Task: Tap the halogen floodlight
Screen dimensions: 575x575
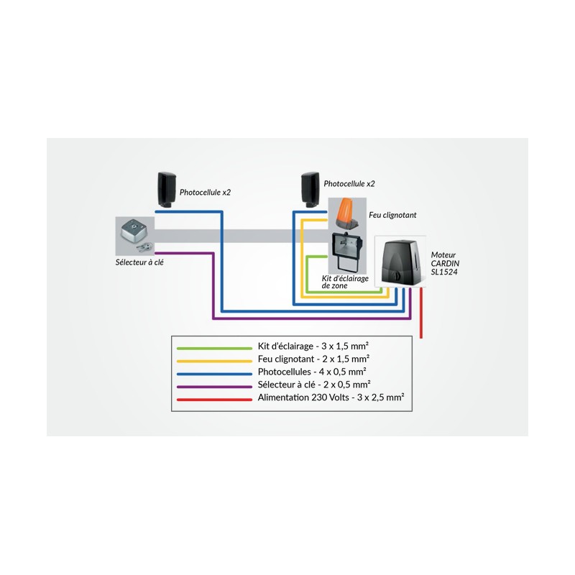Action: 347,249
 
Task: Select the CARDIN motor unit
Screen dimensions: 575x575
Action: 400,262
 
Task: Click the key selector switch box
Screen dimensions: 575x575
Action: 134,231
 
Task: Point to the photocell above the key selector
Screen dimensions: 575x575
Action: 167,190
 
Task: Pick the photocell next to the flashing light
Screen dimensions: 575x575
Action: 310,190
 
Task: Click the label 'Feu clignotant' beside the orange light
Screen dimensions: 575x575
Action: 392,215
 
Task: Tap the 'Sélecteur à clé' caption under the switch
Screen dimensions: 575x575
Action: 139,262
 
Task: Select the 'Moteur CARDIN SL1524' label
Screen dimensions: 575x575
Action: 445,263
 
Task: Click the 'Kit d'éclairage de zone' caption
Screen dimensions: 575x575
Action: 345,282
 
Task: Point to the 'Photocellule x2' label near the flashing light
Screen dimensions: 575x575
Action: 349,184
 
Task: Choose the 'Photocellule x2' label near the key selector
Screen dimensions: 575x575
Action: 205,193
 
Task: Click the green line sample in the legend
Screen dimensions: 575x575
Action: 214,348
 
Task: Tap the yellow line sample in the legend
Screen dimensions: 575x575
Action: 214,361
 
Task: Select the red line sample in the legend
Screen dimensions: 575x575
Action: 214,400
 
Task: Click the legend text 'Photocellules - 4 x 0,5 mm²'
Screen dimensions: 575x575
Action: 312,372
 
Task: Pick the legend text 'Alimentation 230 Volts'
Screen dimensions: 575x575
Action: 303,397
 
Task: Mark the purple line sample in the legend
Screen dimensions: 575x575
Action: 214,387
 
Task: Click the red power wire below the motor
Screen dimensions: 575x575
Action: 421,313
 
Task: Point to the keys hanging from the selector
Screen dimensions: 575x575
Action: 145,248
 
